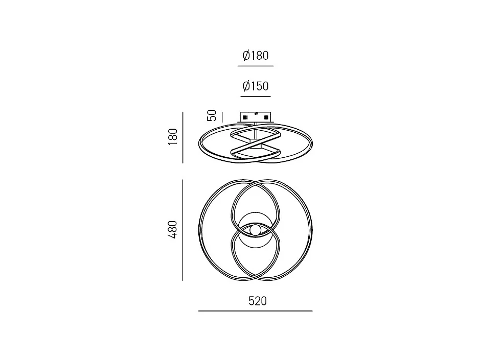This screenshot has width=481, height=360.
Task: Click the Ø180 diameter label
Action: point(256,56)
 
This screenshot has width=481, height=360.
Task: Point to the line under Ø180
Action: point(256,66)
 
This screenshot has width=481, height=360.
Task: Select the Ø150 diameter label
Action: point(256,86)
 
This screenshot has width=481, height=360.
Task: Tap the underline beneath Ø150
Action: point(256,97)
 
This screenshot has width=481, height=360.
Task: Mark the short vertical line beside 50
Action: point(222,116)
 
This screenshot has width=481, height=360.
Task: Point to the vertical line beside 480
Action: point(182,230)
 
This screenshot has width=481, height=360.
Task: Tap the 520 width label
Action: point(258,301)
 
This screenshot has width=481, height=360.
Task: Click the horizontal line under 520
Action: point(256,310)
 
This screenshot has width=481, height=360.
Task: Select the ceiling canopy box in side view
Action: point(256,117)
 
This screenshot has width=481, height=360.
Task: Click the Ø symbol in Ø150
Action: point(246,86)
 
